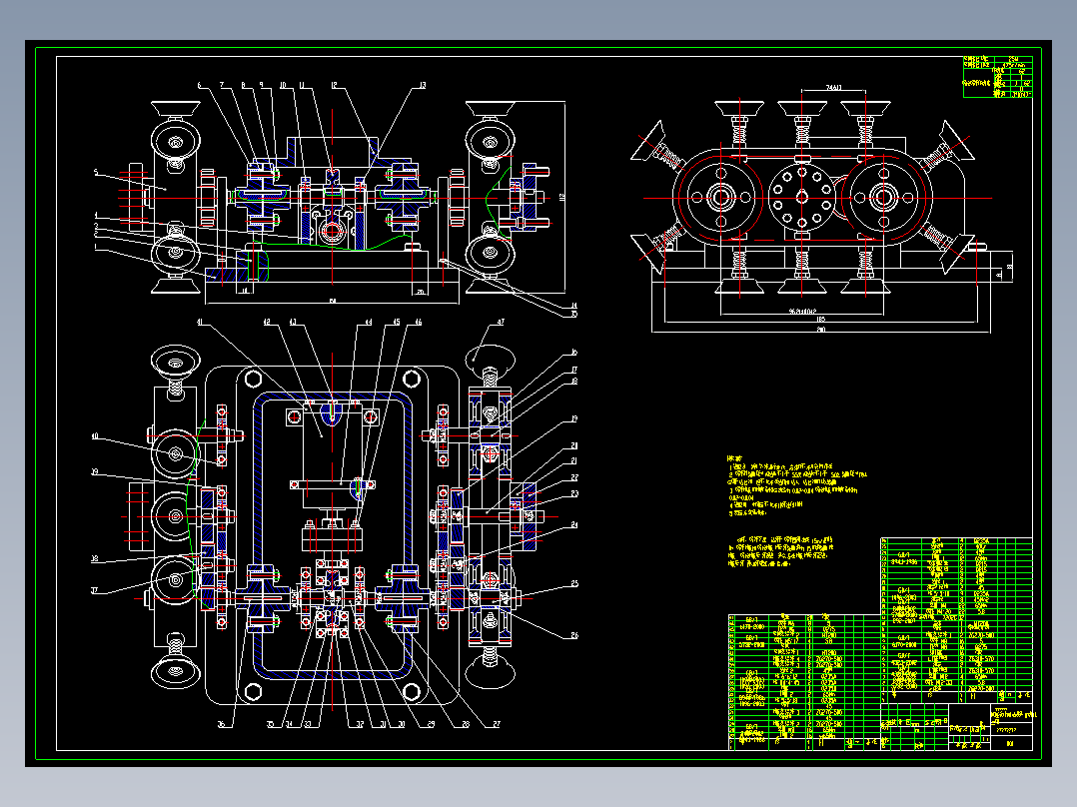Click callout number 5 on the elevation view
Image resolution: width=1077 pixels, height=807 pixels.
[96, 173]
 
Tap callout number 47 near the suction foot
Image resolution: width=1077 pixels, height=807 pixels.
[500, 323]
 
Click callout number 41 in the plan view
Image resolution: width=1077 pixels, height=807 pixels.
[200, 323]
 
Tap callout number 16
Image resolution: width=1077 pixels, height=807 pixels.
[574, 353]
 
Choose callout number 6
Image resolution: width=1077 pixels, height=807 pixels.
[199, 86]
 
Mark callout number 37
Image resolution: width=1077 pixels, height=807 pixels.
[96, 590]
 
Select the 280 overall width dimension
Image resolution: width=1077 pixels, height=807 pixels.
[821, 330]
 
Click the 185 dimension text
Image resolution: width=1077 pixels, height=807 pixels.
[819, 319]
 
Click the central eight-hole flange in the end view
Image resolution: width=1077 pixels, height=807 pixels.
[800, 197]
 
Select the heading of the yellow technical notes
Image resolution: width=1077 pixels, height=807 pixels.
[737, 458]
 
